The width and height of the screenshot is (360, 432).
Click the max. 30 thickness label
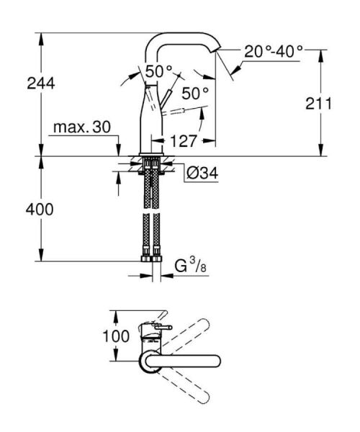(81, 128)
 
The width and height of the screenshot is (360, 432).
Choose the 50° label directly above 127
(194, 93)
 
